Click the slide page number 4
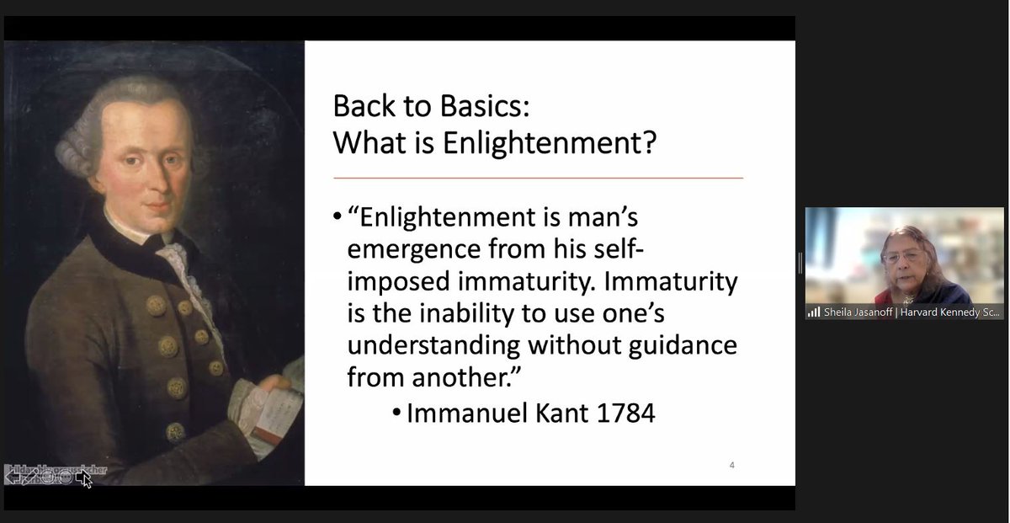(x=731, y=464)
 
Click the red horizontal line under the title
(x=538, y=178)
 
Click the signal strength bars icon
(x=814, y=312)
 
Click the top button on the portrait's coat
(x=157, y=304)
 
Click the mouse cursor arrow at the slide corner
(x=84, y=481)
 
